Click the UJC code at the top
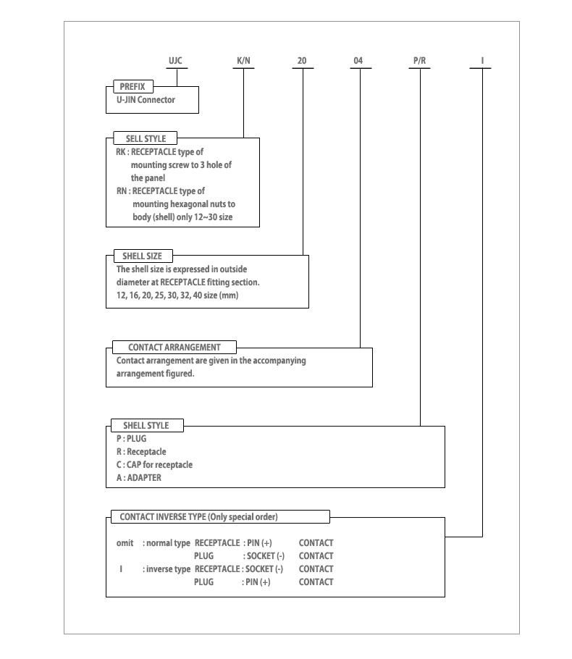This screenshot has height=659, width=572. tap(175, 61)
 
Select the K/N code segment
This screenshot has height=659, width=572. tap(243, 61)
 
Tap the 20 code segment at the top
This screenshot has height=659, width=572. tap(302, 61)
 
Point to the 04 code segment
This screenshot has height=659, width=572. tap(358, 61)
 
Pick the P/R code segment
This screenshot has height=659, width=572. tap(419, 61)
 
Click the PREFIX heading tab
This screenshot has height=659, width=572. tap(133, 87)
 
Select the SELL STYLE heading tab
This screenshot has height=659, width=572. tap(146, 138)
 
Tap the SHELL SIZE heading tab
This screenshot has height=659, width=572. tap(143, 256)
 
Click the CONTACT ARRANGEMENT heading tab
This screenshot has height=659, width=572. tap(174, 347)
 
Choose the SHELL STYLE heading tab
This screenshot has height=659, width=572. tap(147, 425)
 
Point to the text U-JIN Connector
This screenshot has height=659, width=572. tap(146, 100)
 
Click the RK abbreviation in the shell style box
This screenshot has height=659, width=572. tap(121, 152)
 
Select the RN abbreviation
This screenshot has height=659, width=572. tap(122, 190)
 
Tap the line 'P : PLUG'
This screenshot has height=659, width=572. tap(132, 438)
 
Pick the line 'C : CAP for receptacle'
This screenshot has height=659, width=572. tap(154, 464)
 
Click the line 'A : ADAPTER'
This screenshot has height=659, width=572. tap(139, 477)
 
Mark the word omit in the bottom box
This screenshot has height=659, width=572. tap(125, 542)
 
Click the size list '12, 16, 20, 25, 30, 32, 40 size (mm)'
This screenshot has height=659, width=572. tap(177, 295)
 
